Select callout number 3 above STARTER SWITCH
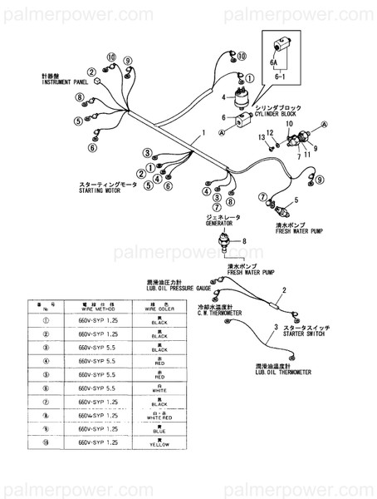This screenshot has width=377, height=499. click(275, 329)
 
